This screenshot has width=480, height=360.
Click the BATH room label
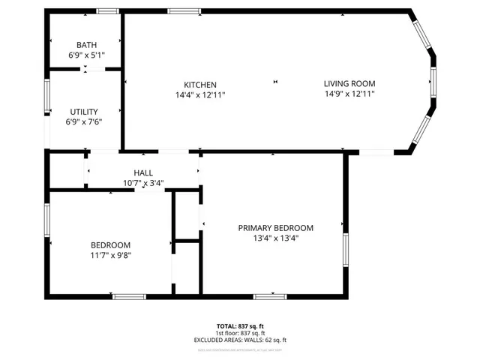click(x=86, y=45)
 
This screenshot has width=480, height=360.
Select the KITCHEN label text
click(x=201, y=84)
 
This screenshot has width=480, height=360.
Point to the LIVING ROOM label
click(x=349, y=83)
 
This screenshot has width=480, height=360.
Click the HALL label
click(x=143, y=172)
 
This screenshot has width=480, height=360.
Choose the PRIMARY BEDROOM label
click(x=275, y=228)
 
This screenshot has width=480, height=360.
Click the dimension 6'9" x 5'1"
click(x=86, y=55)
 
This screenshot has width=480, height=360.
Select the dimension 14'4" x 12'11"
click(x=201, y=94)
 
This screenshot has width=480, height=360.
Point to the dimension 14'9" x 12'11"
click(x=349, y=94)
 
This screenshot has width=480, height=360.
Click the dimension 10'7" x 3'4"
click(x=143, y=183)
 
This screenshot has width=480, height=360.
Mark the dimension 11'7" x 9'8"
click(x=111, y=256)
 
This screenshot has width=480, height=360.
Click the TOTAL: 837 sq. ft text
click(x=241, y=325)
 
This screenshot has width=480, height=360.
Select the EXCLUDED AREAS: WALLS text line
click(x=241, y=340)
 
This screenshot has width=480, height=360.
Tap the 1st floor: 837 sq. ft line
click(x=241, y=333)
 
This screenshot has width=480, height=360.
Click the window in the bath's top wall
click(x=108, y=10)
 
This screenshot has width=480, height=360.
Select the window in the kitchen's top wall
click(x=179, y=10)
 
